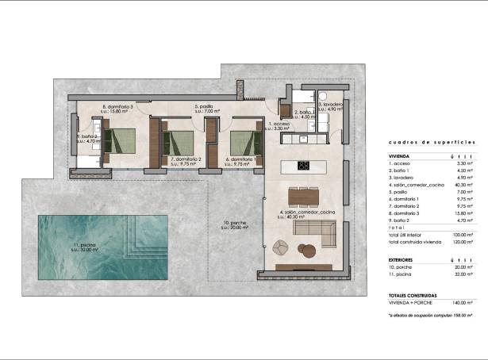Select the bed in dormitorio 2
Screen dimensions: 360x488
coord(180,143)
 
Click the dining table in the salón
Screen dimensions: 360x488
coord(305,195)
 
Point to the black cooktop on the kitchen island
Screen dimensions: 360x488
coord(304,166)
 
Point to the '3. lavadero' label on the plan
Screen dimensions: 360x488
coord(330,105)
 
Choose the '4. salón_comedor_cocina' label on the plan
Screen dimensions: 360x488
coord(307,213)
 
